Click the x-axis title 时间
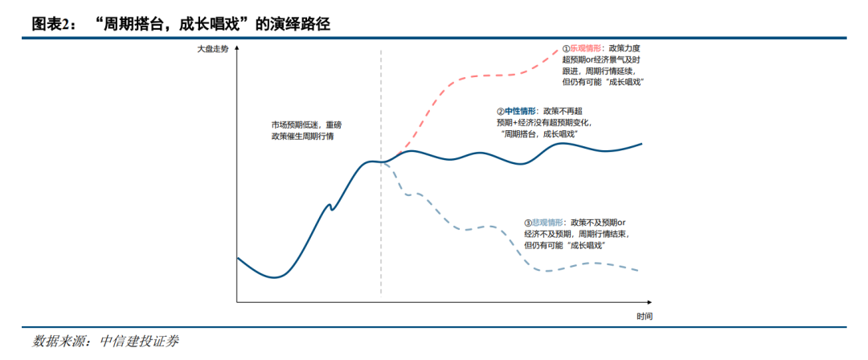click(644, 316)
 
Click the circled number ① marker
click(565, 48)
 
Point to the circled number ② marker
click(499, 111)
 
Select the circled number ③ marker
click(527, 223)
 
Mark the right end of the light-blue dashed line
click(639, 270)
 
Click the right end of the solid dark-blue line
click(642, 144)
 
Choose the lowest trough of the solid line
click(275, 277)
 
